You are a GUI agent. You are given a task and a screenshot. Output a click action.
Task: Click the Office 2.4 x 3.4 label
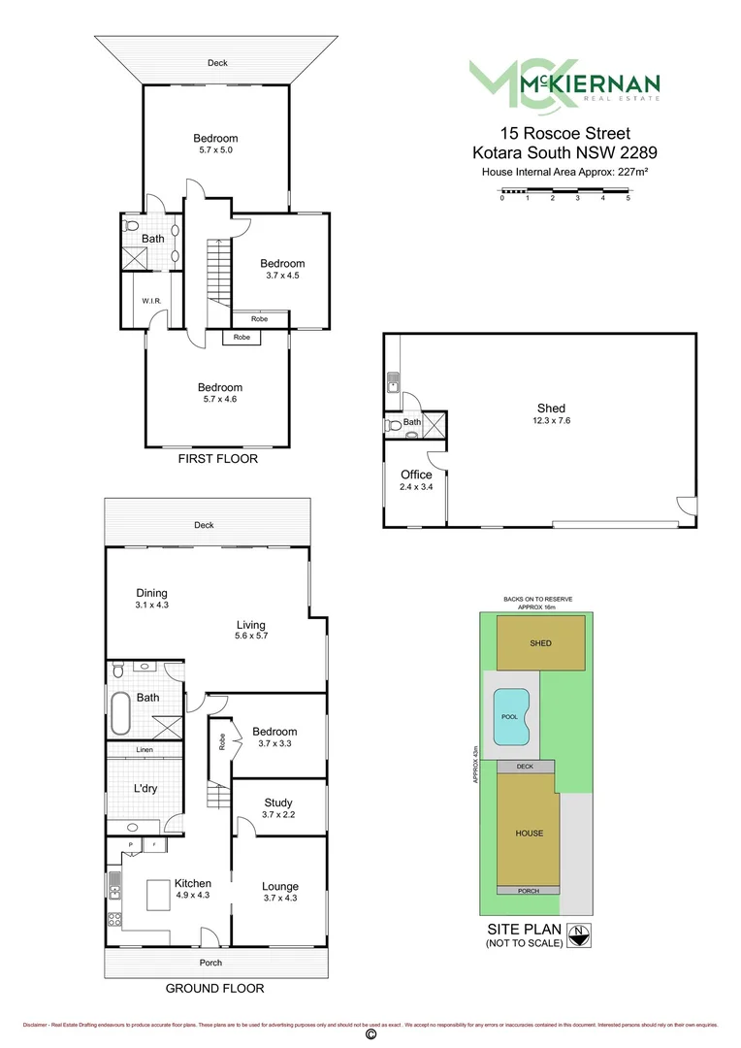pos(416,480)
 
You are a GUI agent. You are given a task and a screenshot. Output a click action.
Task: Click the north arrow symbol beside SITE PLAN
pos(578,934)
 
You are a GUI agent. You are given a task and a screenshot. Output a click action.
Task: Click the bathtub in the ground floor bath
pos(121,714)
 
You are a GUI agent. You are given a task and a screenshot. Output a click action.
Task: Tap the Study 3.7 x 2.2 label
pos(279,808)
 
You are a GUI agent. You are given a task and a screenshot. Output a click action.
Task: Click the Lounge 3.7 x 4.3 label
pos(279,892)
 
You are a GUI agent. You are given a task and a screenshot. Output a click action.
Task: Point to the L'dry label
pos(145,789)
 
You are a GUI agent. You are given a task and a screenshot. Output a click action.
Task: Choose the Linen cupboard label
pos(145,750)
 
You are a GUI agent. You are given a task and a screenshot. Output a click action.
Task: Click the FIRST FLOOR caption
pos(217,459)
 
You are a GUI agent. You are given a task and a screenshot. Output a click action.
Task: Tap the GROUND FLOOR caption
pos(214,989)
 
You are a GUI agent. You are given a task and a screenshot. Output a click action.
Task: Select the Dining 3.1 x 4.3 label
pos(151,599)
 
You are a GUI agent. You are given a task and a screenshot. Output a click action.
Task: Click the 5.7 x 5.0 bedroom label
pos(215,145)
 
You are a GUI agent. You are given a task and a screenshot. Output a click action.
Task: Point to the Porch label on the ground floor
pos(210,963)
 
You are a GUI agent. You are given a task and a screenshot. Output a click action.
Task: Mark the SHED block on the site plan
pos(541,643)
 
